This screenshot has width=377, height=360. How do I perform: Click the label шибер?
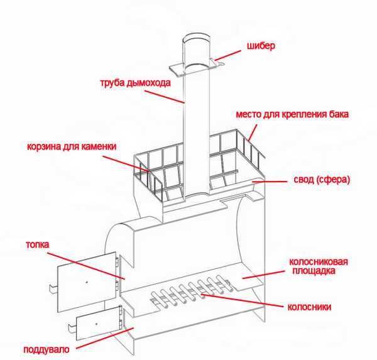pyautogui.click(x=261, y=46)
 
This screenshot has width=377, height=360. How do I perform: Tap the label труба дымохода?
pyautogui.click(x=135, y=83)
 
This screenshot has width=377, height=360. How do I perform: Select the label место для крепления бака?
pyautogui.click(x=292, y=114)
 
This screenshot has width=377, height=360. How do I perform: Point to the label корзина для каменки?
pyautogui.click(x=72, y=146)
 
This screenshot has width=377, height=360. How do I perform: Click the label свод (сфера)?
pyautogui.click(x=322, y=180)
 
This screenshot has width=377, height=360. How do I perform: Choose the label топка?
pyautogui.click(x=38, y=244)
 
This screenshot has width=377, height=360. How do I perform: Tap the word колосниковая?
pyautogui.click(x=319, y=261)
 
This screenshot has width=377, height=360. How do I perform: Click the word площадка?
pyautogui.click(x=314, y=271)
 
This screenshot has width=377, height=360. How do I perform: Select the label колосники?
pyautogui.click(x=309, y=307)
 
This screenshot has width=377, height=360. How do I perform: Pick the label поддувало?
pyautogui.click(x=46, y=349)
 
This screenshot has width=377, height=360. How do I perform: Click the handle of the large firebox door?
pyautogui.click(x=53, y=288)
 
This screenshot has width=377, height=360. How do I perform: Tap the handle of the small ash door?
pyautogui.click(x=72, y=328)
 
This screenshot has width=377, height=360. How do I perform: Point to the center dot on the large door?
pyautogui.click(x=87, y=282)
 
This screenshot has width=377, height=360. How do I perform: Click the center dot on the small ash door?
pyautogui.click(x=96, y=324)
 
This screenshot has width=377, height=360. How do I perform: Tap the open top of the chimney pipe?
pyautogui.click(x=196, y=39)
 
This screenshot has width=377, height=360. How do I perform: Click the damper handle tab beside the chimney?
pyautogui.click(x=217, y=63)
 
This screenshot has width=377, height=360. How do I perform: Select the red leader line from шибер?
pyautogui.click(x=227, y=55)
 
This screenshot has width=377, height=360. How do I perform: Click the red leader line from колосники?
pyautogui.click(x=242, y=300)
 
